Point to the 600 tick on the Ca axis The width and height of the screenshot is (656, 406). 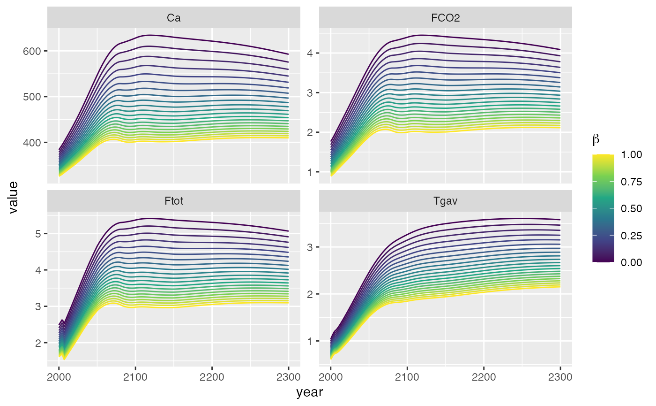point(32,51)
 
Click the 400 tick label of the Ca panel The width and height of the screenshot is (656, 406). point(32,142)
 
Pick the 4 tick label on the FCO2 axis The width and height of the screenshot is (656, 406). point(310,53)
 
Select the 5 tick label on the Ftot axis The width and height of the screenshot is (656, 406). point(38,234)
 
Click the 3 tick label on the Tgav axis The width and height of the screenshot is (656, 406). point(310,247)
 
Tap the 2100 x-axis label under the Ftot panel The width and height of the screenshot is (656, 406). point(135,376)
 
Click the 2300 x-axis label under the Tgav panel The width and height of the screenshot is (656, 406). point(560,376)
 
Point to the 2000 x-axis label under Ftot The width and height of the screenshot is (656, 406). point(59,376)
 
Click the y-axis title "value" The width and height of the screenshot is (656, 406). point(13,198)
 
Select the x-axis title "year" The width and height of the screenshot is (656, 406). point(309,393)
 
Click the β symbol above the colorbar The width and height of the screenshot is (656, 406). point(596,139)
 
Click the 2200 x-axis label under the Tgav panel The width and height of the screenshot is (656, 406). point(484,376)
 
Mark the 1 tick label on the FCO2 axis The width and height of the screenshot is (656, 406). point(310,172)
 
